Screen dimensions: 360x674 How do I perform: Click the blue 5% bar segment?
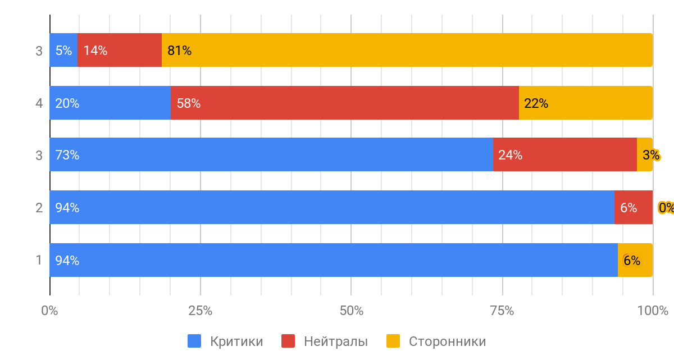click(63, 50)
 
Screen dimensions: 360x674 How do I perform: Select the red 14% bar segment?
click(120, 50)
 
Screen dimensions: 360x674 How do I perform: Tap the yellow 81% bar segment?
click(407, 50)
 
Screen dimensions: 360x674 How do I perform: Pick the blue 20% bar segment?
click(110, 103)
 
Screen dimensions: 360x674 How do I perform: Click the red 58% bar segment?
click(344, 103)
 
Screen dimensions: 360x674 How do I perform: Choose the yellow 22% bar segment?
click(585, 103)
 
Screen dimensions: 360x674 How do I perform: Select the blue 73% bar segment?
click(271, 154)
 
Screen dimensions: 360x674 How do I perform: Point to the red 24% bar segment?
click(564, 154)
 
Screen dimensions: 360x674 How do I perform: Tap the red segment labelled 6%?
click(633, 207)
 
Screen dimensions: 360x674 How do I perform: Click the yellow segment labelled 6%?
click(635, 260)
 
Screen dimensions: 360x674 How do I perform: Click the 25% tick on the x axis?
click(200, 311)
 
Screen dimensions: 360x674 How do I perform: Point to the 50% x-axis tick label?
click(351, 311)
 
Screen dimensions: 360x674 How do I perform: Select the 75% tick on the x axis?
click(502, 311)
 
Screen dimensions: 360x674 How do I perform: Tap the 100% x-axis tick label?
click(653, 311)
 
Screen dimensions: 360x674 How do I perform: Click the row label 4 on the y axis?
click(39, 103)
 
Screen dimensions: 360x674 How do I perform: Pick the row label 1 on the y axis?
click(39, 260)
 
